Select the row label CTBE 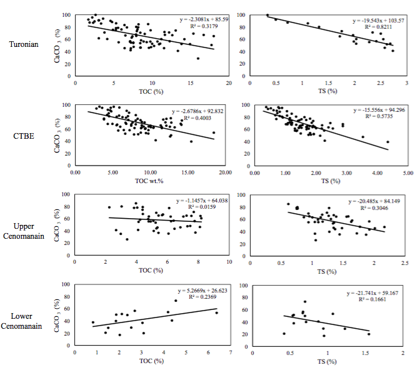28,133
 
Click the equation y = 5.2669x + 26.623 196,292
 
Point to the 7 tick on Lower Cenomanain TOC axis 231,353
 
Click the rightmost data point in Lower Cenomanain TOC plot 216,312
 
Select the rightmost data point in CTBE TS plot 388,142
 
